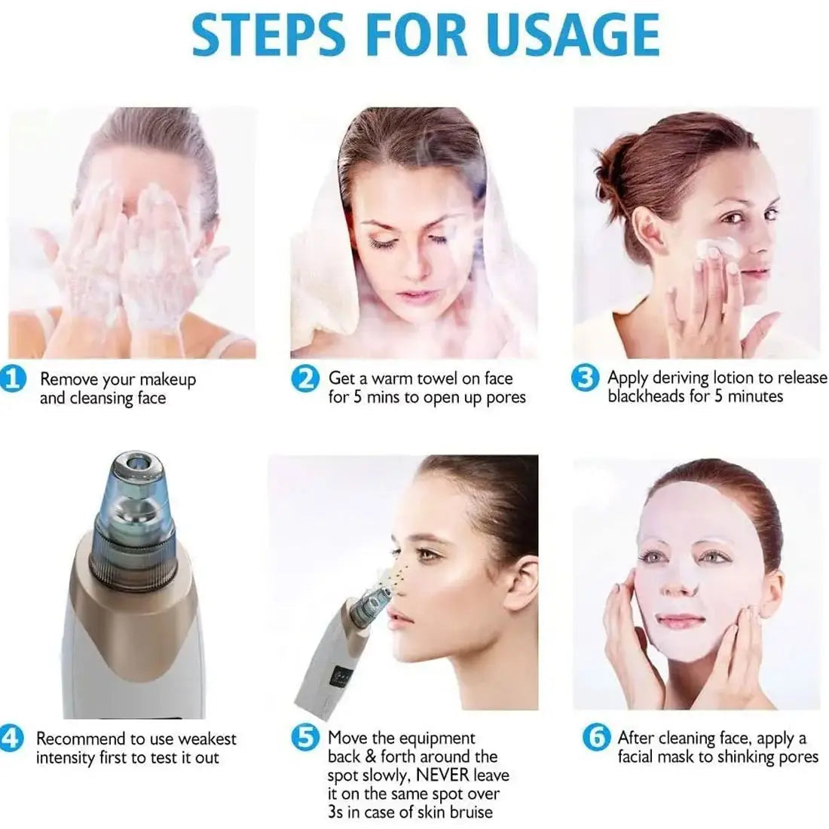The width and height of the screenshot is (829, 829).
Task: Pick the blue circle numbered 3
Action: click(x=586, y=378)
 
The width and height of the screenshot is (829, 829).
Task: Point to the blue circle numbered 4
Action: click(x=11, y=738)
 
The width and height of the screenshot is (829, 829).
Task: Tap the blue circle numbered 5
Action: click(x=305, y=738)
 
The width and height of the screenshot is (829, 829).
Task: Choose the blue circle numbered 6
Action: click(x=596, y=738)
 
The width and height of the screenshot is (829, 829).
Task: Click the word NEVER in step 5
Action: click(x=442, y=775)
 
